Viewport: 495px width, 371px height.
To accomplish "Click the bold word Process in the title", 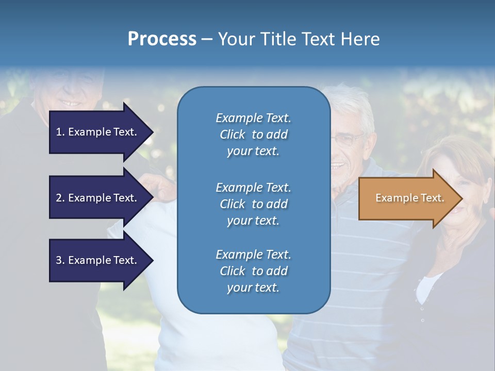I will [162, 39].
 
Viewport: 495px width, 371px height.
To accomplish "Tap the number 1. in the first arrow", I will [60, 132].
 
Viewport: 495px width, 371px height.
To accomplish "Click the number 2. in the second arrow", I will [60, 198].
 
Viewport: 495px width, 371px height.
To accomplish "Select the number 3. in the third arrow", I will [60, 260].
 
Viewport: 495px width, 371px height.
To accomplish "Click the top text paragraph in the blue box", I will [253, 134].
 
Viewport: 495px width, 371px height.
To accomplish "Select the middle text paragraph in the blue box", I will [253, 204].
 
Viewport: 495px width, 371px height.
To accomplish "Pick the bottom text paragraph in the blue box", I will [253, 271].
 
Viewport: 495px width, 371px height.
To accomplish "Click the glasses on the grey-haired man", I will [348, 139].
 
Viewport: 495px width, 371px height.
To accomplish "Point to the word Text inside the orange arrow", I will [431, 198].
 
